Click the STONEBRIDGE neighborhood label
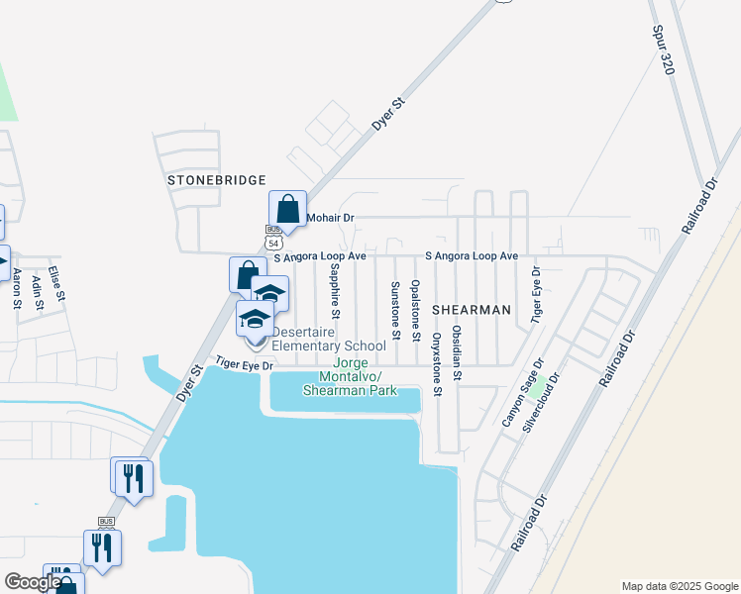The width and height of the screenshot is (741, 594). (217, 180)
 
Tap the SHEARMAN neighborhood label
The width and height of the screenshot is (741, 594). (472, 310)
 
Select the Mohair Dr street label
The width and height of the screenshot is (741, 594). (330, 217)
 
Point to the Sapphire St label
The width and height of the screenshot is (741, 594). (335, 291)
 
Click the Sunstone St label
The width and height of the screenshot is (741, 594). (394, 310)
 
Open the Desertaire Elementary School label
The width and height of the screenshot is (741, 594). (328, 339)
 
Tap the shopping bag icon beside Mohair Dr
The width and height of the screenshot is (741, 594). (287, 210)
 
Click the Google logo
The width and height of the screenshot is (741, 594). (32, 582)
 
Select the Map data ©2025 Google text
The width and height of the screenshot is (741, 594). (679, 586)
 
